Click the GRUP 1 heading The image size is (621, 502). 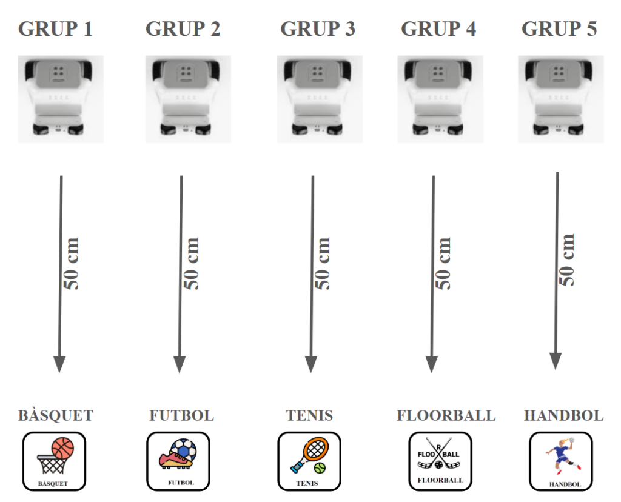(x=55, y=28)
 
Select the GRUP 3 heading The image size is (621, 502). (x=317, y=28)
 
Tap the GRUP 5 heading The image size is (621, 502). (x=559, y=28)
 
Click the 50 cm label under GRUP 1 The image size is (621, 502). (x=72, y=263)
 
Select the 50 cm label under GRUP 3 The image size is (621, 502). (x=323, y=263)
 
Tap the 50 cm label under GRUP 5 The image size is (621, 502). (x=567, y=259)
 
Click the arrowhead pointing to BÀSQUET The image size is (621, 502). (x=59, y=364)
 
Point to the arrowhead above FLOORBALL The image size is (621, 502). (x=432, y=364)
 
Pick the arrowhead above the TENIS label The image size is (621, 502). (x=311, y=364)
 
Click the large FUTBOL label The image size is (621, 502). (x=181, y=416)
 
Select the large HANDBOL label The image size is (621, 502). (x=563, y=416)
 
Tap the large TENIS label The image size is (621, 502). (x=309, y=416)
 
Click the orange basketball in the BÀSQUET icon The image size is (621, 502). (x=62, y=449)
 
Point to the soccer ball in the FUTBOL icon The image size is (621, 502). (x=184, y=450)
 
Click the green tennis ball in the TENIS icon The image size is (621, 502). (x=320, y=468)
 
